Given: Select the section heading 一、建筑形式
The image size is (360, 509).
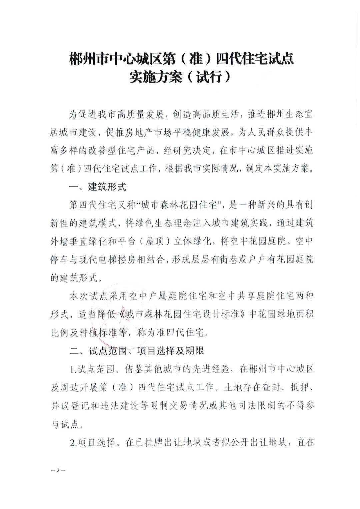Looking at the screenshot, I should [x=98, y=187].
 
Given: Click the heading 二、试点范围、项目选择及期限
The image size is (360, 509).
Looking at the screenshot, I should [x=137, y=351].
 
